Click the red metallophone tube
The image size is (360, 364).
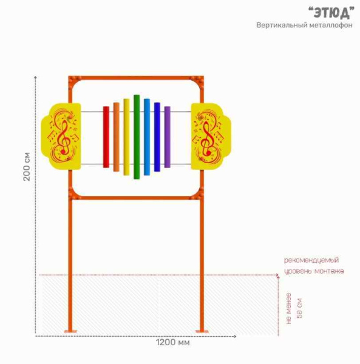point(106,137)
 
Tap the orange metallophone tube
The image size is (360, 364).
point(117,137)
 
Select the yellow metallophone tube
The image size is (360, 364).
point(127,137)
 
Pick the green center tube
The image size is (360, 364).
point(137,137)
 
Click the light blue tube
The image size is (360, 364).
point(147,137)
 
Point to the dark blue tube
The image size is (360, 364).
point(157,137)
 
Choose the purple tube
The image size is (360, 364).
point(168,137)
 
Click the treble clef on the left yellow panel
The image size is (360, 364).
point(64,137)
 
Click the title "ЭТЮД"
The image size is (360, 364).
point(331,13)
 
